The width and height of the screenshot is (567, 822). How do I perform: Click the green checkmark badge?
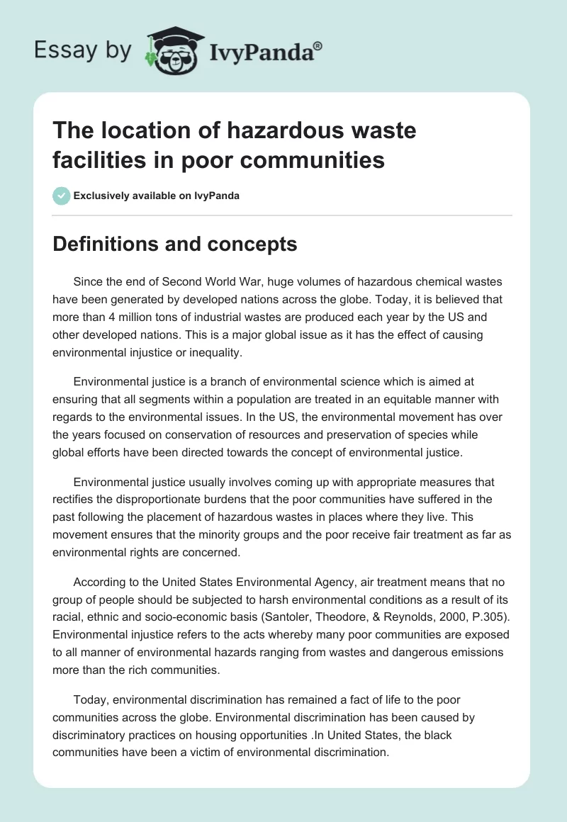tap(61, 196)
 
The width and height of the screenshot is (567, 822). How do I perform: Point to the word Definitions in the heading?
tap(103, 244)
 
